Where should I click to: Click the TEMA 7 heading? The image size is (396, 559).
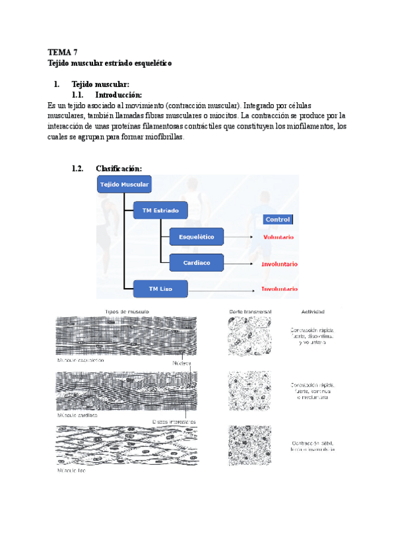pos(63,51)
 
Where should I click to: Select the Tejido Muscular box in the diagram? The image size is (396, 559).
pos(124,185)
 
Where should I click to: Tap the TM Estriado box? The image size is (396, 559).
pos(160,211)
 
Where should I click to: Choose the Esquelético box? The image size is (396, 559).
pos(197,237)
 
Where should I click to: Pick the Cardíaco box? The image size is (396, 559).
pos(197,262)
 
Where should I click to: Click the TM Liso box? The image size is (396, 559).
pos(160,288)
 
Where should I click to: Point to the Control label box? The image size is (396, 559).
pos(277,219)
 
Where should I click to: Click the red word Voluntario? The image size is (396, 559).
pos(279,237)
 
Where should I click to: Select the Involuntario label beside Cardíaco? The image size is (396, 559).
pos(279,264)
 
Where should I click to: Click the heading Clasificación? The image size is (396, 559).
pos(118,168)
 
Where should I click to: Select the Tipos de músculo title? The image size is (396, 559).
pos(127,310)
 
